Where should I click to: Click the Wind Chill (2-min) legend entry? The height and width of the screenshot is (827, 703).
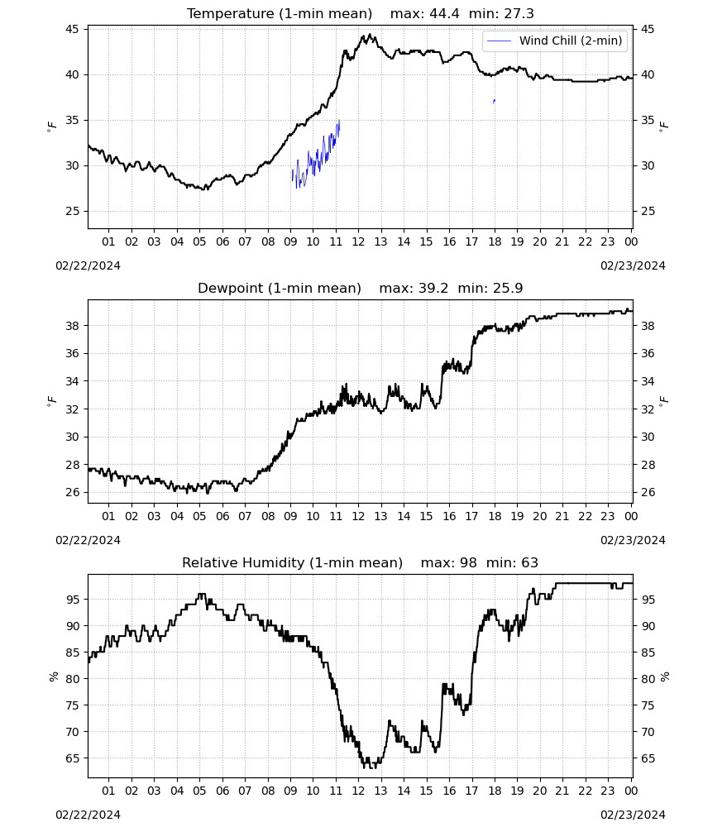click(554, 41)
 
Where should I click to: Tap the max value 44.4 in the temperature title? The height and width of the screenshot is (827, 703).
click(444, 14)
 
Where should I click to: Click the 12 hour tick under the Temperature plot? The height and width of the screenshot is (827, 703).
click(358, 241)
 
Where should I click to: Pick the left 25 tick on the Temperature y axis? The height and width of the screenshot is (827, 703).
click(72, 211)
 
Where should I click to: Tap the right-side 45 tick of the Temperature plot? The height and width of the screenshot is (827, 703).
click(647, 29)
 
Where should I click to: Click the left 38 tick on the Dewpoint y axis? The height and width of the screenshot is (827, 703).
click(72, 326)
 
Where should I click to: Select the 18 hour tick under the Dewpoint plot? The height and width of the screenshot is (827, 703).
click(495, 516)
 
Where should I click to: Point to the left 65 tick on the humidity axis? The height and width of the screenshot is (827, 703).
click(72, 758)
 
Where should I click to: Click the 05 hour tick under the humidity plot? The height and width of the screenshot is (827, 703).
click(199, 791)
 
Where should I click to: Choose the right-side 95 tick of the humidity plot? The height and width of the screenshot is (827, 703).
click(647, 600)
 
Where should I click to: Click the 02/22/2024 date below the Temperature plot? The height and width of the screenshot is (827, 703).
click(88, 265)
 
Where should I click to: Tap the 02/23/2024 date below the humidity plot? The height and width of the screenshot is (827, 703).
click(633, 815)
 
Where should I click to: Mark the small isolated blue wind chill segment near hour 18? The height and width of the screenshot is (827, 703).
click(494, 101)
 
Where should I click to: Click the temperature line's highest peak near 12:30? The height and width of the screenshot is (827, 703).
click(370, 35)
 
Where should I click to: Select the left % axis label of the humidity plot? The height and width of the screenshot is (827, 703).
click(53, 676)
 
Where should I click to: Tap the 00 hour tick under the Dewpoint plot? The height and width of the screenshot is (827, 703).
click(631, 516)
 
